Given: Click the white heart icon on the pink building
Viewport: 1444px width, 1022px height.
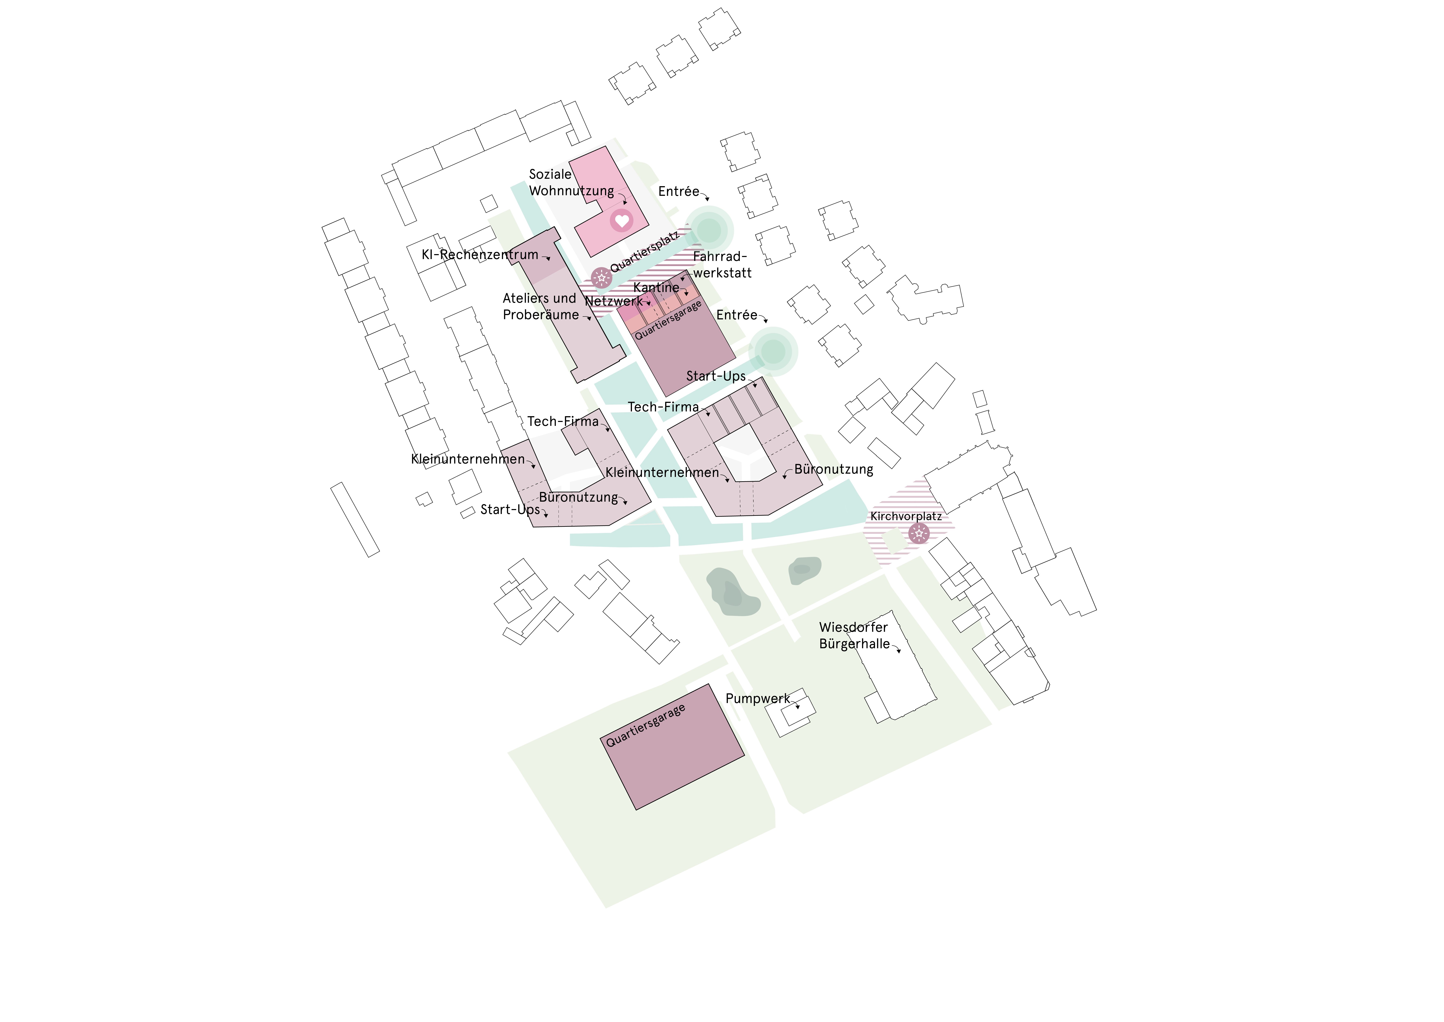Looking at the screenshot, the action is pyautogui.click(x=621, y=221).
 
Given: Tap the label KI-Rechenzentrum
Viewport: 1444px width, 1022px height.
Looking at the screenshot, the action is pyautogui.click(x=480, y=255).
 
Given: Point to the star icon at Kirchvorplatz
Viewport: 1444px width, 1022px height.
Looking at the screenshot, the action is pyautogui.click(x=919, y=534).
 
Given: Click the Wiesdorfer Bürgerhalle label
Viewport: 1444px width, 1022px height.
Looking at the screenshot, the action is pyautogui.click(x=854, y=636).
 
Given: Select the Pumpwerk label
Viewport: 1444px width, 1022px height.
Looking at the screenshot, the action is pyautogui.click(x=757, y=698).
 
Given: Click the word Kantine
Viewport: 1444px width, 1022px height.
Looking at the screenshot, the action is pyautogui.click(x=656, y=288).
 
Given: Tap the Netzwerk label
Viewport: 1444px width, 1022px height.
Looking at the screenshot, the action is pyautogui.click(x=614, y=301).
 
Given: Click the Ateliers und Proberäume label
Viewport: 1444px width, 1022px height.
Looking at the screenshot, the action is pyautogui.click(x=540, y=306).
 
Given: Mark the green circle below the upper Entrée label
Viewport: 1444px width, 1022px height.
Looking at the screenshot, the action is pyautogui.click(x=709, y=230).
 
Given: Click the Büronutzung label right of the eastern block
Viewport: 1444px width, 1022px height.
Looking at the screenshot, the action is pyautogui.click(x=833, y=470).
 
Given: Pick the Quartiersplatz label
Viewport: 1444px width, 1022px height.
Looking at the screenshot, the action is pyautogui.click(x=645, y=252).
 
